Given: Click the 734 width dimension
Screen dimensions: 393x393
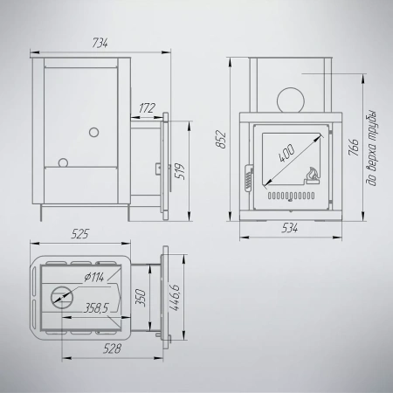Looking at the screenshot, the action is tap(100, 43).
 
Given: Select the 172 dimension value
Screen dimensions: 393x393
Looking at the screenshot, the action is tap(147, 108).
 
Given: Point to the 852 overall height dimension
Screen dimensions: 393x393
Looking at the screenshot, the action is tap(222, 140).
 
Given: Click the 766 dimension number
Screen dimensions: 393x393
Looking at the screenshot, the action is tap(354, 147).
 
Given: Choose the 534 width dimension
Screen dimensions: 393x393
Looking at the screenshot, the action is tap(290, 229).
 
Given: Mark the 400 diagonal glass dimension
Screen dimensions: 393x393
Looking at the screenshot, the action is tap(286, 154).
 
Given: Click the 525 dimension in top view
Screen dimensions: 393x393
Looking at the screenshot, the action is tap(80, 234).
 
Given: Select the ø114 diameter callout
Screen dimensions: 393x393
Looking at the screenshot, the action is tap(93, 278).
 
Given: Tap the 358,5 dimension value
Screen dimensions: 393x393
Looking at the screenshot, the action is tap(96, 308).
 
